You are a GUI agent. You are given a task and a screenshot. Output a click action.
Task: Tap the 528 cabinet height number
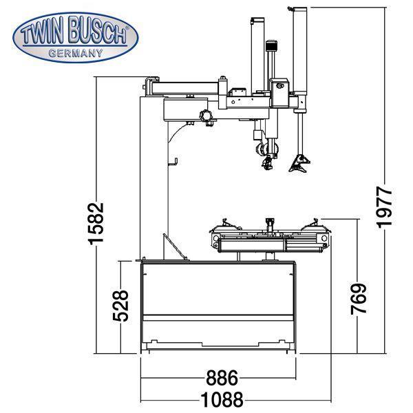tap(120, 308)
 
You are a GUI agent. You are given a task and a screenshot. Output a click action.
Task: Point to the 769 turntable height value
tap(358, 297)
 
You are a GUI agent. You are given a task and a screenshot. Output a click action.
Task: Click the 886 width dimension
tap(222, 378)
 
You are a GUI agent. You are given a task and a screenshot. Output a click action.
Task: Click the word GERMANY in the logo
tap(76, 52)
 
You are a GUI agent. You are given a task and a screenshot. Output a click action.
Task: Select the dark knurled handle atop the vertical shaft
tap(272, 50)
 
